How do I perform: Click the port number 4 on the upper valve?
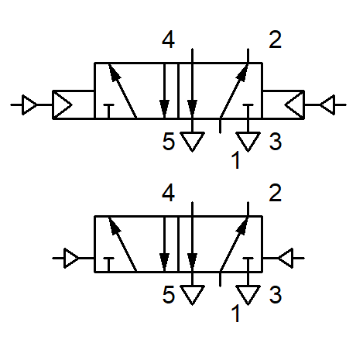(x=169, y=40)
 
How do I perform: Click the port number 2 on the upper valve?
(x=275, y=39)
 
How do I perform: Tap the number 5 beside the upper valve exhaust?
(x=169, y=142)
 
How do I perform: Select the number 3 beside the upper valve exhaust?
(x=276, y=142)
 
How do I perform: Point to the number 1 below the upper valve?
(x=236, y=160)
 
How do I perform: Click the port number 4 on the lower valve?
(x=169, y=193)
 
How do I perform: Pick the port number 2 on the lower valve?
(x=275, y=193)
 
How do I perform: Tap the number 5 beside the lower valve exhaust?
(x=169, y=294)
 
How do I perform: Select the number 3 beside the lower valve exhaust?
(x=276, y=294)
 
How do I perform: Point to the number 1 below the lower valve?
(x=236, y=313)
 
